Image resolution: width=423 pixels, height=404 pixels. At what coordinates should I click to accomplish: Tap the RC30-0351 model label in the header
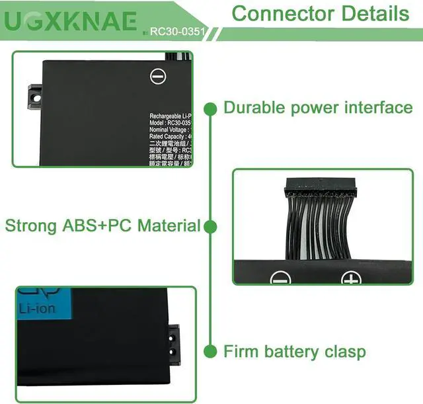[175, 30]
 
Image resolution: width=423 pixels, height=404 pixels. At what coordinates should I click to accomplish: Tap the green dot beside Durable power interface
[211, 108]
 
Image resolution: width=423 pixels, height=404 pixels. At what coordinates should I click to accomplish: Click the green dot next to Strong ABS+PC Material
[211, 227]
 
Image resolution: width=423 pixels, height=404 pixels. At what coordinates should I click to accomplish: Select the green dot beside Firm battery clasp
[211, 351]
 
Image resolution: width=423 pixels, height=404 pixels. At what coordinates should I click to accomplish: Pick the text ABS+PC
[96, 226]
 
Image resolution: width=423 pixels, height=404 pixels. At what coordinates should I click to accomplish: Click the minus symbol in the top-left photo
[157, 77]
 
